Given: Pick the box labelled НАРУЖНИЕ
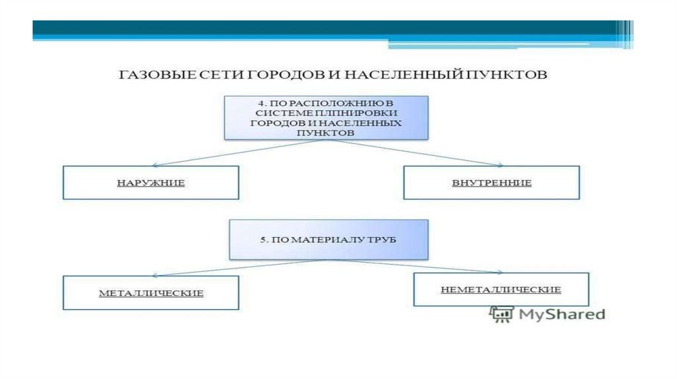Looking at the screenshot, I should tap(151, 182).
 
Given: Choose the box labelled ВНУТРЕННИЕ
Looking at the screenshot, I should tap(491, 182).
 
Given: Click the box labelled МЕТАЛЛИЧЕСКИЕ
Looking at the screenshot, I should tap(151, 293).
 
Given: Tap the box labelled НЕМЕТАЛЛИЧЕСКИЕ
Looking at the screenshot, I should tap(500, 289).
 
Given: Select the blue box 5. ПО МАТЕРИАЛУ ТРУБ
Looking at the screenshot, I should tap(328, 239).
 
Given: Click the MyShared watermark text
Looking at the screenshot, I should tap(561, 314).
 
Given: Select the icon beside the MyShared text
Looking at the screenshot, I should tap(502, 314).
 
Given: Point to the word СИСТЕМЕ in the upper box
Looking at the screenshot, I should tap(272, 114).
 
